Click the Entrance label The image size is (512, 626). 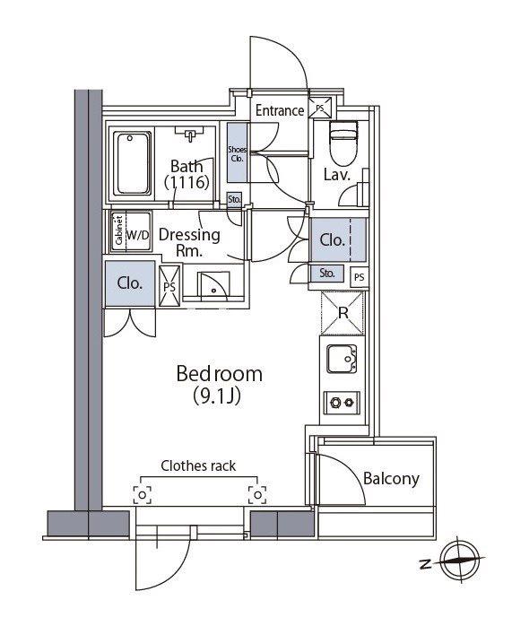click(x=280, y=110)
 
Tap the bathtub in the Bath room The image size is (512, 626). click(x=132, y=164)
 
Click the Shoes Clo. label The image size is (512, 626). click(x=237, y=153)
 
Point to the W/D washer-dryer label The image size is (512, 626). click(x=138, y=235)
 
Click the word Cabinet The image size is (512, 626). click(x=118, y=230)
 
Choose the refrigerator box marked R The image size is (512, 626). click(x=343, y=313)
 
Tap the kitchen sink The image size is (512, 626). click(x=342, y=359)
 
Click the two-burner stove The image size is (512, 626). click(x=342, y=403)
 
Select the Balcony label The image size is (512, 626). click(x=391, y=478)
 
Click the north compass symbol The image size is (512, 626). click(x=460, y=561)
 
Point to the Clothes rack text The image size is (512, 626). click(x=198, y=465)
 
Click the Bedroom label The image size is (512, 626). click(x=219, y=374)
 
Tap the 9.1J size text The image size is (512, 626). click(x=217, y=396)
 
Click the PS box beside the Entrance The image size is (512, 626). click(x=320, y=108)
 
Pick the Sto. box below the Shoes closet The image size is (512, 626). click(x=235, y=199)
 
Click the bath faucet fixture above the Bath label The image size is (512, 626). click(x=190, y=135)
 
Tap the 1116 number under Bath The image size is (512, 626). click(x=187, y=182)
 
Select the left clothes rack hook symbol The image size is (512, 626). click(x=142, y=495)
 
